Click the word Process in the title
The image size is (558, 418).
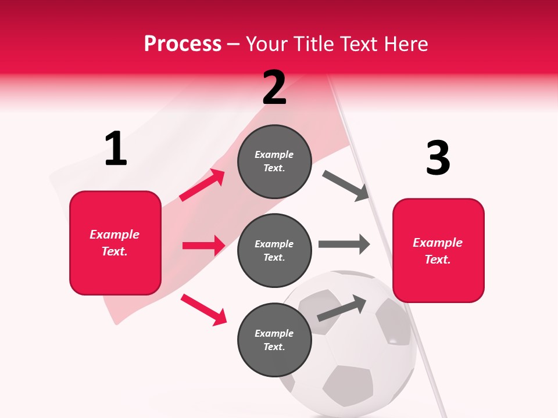183,44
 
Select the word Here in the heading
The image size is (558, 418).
405,44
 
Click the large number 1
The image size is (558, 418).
116,149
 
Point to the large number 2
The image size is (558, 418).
274,88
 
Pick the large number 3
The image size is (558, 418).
438,158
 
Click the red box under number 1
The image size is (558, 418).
115,243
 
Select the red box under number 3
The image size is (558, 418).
438,250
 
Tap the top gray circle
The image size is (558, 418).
274,161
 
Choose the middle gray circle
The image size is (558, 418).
274,250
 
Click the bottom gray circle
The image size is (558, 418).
274,340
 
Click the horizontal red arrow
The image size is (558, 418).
203,246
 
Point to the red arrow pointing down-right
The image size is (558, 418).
203,309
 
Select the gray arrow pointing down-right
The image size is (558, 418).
346,186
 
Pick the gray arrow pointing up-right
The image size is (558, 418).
342,308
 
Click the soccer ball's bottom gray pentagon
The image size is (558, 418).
348,385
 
